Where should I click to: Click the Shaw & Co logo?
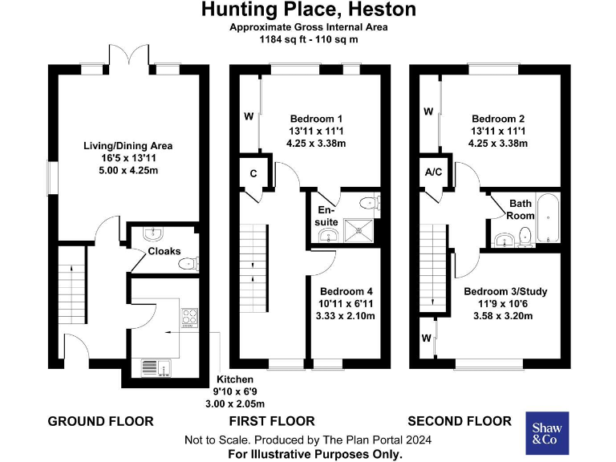(x=547, y=433)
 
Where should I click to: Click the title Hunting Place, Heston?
(x=308, y=10)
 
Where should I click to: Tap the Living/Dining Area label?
(x=128, y=146)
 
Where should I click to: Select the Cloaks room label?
(x=164, y=251)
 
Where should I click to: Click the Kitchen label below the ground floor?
(x=234, y=379)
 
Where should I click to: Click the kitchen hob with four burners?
(x=189, y=318)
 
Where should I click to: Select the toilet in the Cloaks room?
(x=189, y=262)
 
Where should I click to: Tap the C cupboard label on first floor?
(x=253, y=172)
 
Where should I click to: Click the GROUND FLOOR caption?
(x=100, y=421)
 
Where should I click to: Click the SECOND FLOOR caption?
(x=459, y=421)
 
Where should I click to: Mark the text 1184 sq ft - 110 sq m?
(x=308, y=38)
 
